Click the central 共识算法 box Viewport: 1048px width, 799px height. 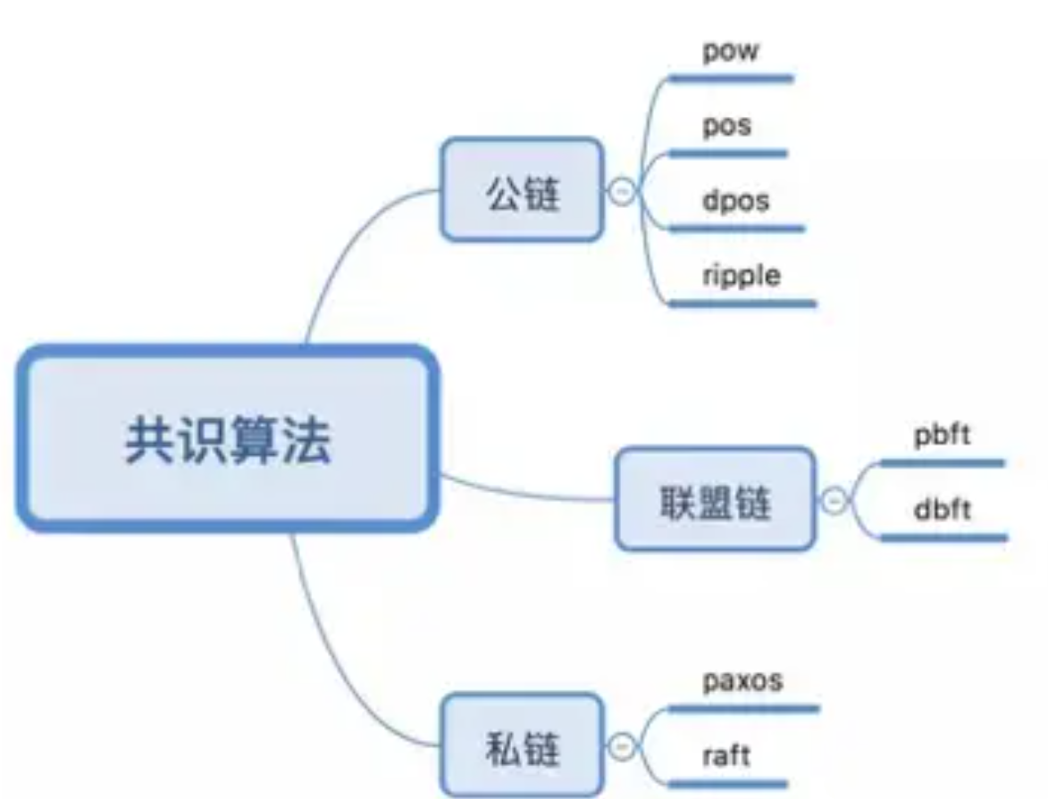tap(227, 438)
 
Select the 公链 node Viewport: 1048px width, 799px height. tap(522, 189)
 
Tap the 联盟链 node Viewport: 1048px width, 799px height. tap(715, 499)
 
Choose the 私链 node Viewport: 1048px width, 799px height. tap(522, 745)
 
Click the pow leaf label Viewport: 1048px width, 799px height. tap(731, 52)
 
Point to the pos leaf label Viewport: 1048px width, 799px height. tap(726, 126)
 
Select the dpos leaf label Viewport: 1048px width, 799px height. tap(735, 200)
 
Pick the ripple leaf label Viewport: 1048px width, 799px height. tap(742, 275)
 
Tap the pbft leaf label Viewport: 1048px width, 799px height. tap(942, 435)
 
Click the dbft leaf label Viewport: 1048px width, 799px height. tap(942, 510)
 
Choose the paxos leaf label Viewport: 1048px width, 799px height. tap(742, 681)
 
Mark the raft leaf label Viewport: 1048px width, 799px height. tap(725, 755)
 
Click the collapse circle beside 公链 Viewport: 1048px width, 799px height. tap(622, 192)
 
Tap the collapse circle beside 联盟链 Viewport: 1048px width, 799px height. tap(834, 500)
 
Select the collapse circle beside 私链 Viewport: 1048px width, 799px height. tap(622, 746)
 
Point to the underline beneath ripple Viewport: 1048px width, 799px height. tap(742, 304)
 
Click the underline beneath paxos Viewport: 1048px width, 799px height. tap(744, 710)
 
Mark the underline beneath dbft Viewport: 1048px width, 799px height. tap(943, 537)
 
